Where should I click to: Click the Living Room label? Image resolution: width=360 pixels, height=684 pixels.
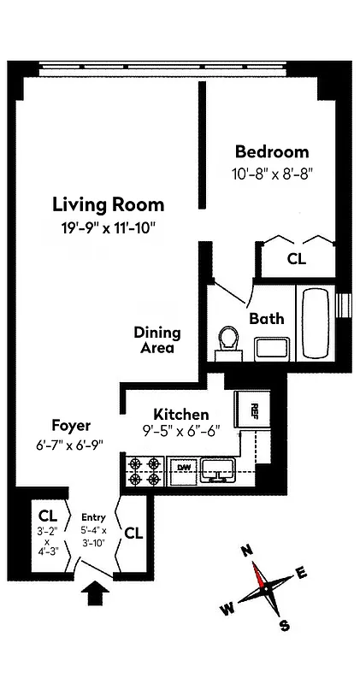pos(109,205)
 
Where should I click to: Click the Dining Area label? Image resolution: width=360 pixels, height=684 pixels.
pos(156,340)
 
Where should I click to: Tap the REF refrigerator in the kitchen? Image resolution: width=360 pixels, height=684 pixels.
pos(253,410)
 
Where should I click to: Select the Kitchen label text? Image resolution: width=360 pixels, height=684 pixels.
pos(180,414)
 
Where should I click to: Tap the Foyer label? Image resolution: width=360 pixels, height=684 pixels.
pos(71,426)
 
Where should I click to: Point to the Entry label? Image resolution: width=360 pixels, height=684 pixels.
pos(93,517)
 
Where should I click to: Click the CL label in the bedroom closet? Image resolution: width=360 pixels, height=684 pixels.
pos(296,257)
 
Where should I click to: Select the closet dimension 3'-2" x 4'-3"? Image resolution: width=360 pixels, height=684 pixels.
pos(48,541)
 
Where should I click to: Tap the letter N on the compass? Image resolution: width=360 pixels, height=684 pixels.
pos(249,553)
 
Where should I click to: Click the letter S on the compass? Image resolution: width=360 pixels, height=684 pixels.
pos(285,625)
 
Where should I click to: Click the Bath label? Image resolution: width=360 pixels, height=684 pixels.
pos(266,319)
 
